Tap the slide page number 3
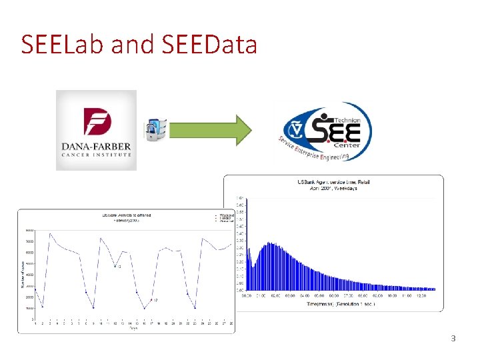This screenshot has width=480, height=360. [x=453, y=339]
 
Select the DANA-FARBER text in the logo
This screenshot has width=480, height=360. [x=96, y=146]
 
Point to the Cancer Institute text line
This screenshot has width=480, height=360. [x=96, y=155]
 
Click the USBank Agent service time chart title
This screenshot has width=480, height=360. [x=333, y=181]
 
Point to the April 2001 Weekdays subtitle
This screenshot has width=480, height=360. [x=333, y=188]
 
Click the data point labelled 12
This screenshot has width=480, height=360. [x=114, y=267]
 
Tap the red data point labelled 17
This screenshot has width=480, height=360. [x=151, y=301]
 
